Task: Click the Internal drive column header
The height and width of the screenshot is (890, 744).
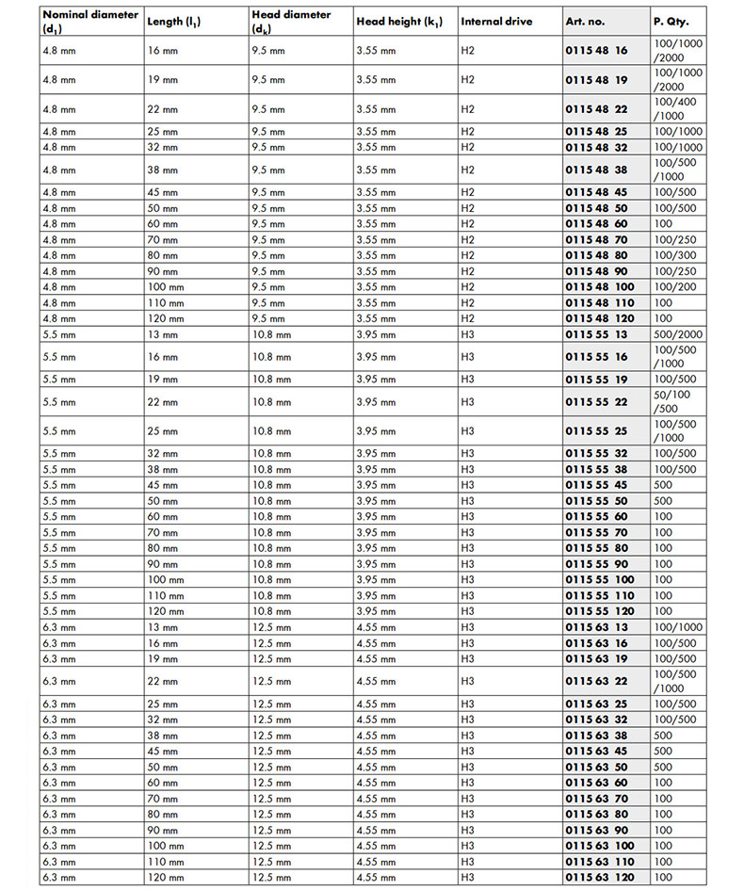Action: coord(496,22)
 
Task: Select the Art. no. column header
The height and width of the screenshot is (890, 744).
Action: coord(584,22)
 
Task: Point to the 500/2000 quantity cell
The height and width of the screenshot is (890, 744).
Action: coord(678,334)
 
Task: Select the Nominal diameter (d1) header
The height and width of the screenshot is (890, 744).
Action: coord(89,22)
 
